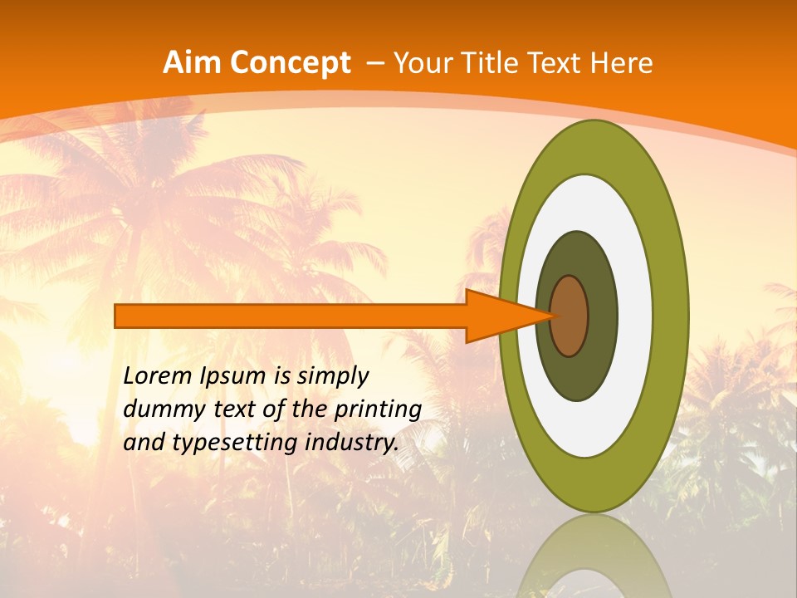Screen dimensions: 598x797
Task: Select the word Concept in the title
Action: (289, 63)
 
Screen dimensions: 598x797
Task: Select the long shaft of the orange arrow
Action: (291, 316)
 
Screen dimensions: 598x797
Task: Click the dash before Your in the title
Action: (375, 63)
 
